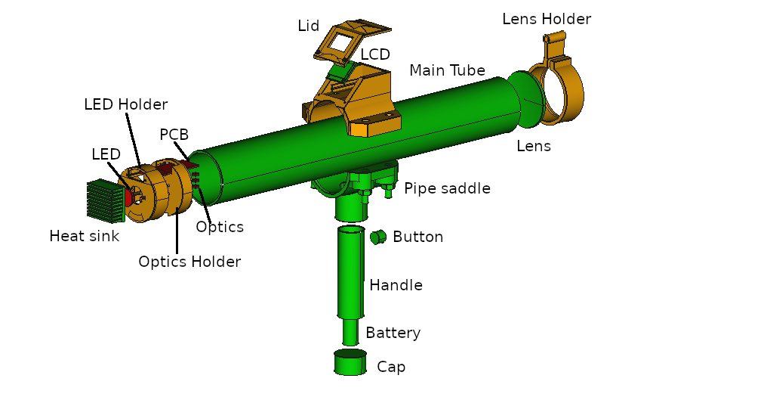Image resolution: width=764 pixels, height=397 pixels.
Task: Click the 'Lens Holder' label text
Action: [x=547, y=19]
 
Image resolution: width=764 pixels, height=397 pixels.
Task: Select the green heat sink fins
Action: [x=104, y=200]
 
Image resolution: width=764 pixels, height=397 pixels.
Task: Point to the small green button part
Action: [x=377, y=237]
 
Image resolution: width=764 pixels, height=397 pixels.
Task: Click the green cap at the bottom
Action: [x=350, y=362]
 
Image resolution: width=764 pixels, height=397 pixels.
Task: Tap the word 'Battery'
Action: [x=393, y=333]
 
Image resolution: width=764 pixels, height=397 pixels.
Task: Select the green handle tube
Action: [x=351, y=272]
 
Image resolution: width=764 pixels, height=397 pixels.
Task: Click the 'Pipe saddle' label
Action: [x=447, y=188]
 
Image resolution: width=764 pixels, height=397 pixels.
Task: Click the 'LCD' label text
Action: [x=375, y=55]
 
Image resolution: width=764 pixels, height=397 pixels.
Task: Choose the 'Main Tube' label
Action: [x=447, y=70]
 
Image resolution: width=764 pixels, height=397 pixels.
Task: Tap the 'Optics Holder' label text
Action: [x=189, y=262]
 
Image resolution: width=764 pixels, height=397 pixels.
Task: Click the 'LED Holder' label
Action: [x=125, y=104]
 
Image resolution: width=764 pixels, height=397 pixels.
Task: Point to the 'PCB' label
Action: [x=174, y=135]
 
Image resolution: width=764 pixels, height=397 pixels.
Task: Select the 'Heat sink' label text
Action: [x=84, y=236]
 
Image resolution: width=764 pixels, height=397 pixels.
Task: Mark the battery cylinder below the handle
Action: [x=350, y=331]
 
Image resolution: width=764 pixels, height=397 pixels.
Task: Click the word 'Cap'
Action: [x=391, y=367]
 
